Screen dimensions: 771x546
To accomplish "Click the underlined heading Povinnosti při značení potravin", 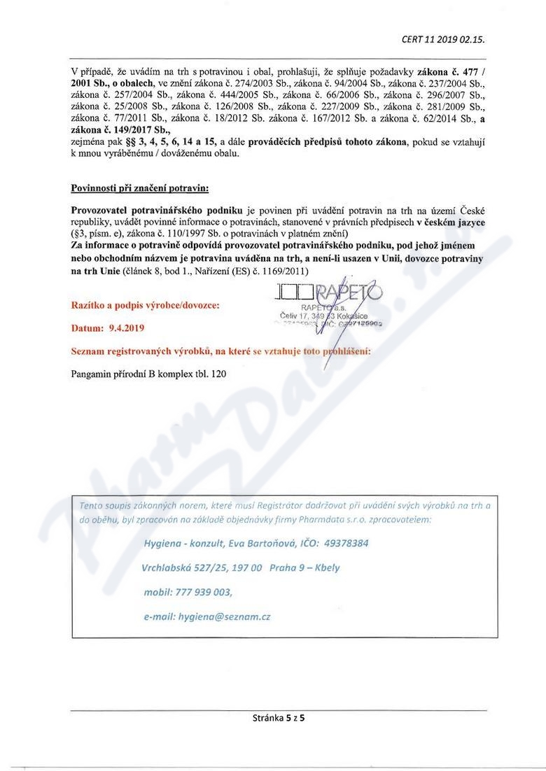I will click(139, 189).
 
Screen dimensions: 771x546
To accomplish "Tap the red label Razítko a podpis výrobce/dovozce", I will click(145, 306).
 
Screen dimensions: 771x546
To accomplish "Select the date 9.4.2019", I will click(125, 327).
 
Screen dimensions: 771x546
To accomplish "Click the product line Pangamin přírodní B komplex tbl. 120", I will click(149, 374).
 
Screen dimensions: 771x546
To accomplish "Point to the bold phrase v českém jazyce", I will click(449, 222).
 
